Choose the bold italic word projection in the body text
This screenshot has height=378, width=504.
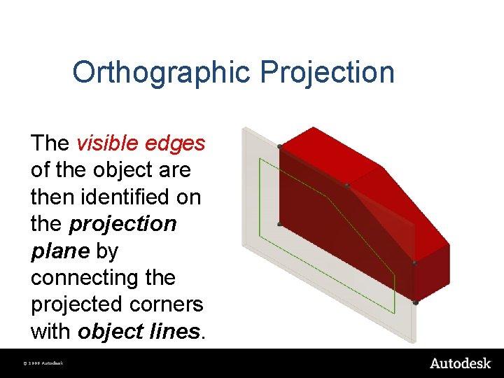(x=123, y=224)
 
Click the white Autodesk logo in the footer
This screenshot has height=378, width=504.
(x=459, y=363)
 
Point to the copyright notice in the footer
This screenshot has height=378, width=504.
(x=43, y=364)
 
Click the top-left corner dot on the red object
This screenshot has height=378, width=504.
(x=280, y=146)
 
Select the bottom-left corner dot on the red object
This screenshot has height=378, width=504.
(x=280, y=224)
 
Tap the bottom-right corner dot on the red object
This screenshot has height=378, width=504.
(x=415, y=302)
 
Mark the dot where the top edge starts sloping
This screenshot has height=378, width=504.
(x=346, y=185)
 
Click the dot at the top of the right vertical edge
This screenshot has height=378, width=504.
(x=414, y=264)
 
